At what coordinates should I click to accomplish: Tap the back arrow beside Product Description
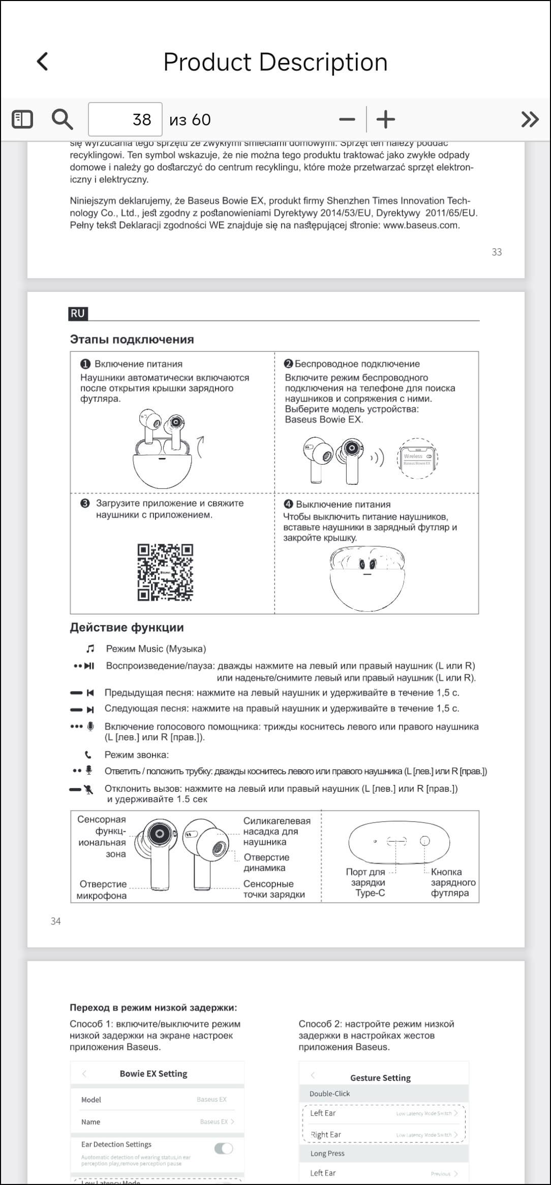[43, 61]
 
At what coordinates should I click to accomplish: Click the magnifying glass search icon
[62, 119]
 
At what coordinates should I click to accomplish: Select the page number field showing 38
[125, 119]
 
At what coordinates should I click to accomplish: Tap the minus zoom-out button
[347, 120]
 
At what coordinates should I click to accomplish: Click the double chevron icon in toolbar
[530, 119]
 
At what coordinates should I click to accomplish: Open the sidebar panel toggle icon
[22, 119]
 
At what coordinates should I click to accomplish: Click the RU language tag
[78, 313]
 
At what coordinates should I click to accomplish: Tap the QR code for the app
[165, 572]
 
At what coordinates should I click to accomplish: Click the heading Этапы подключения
[132, 340]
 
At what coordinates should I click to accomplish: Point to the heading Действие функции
[127, 628]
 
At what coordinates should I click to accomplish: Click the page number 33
[497, 252]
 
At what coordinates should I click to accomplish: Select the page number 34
[56, 921]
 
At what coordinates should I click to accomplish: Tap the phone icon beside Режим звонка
[89, 754]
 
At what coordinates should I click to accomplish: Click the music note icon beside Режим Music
[90, 649]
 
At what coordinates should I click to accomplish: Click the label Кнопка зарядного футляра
[452, 882]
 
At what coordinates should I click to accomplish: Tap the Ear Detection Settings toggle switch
[224, 1148]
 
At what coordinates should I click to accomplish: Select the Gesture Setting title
[380, 1077]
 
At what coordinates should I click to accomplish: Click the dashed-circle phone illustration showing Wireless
[417, 458]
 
